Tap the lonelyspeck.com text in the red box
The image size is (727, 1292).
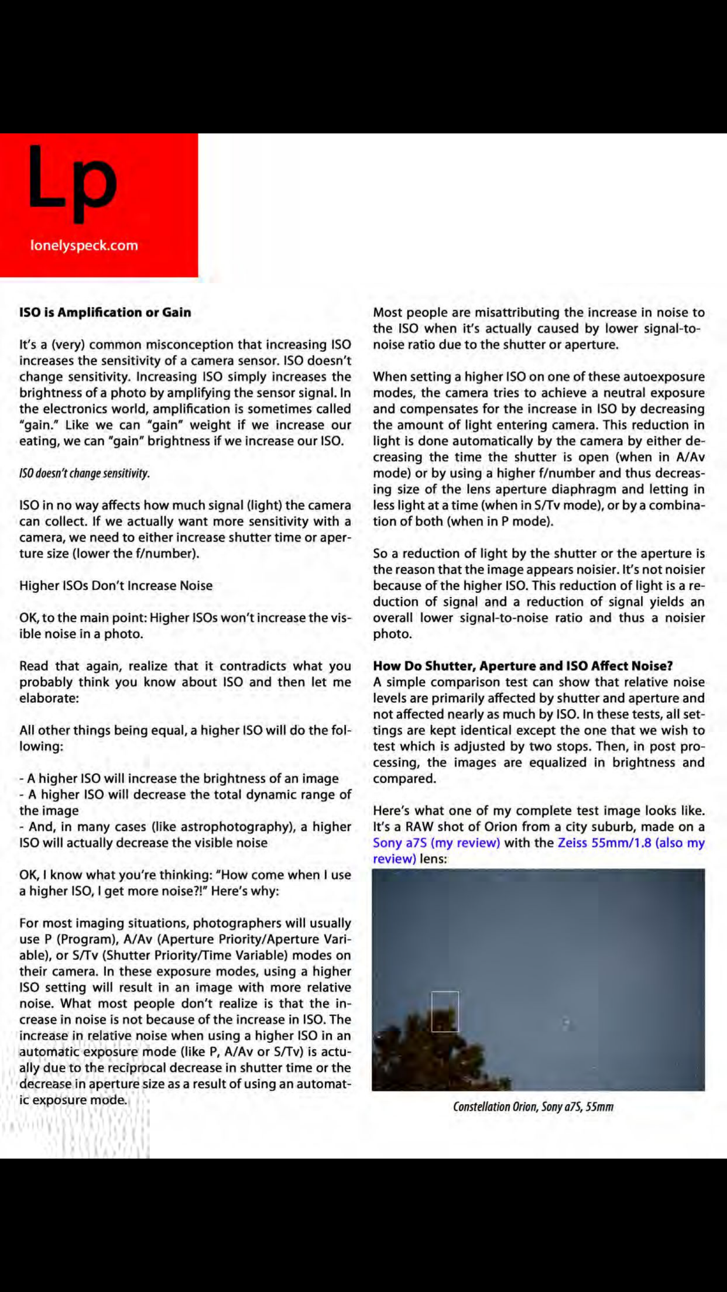(x=84, y=245)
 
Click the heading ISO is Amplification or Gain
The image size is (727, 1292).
(x=105, y=312)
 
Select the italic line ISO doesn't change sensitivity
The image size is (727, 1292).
(x=84, y=473)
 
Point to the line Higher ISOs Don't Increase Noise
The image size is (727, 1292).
(x=116, y=585)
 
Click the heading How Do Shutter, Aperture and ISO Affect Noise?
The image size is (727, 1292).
(x=523, y=665)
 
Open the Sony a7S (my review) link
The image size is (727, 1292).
(x=436, y=843)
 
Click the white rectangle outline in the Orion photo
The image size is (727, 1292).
(x=445, y=1011)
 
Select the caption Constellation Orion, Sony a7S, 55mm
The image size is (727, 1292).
(x=533, y=1107)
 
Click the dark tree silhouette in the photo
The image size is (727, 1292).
(x=433, y=1053)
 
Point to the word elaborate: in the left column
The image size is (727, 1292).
(x=49, y=698)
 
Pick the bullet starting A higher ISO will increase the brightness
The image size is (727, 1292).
(x=179, y=778)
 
